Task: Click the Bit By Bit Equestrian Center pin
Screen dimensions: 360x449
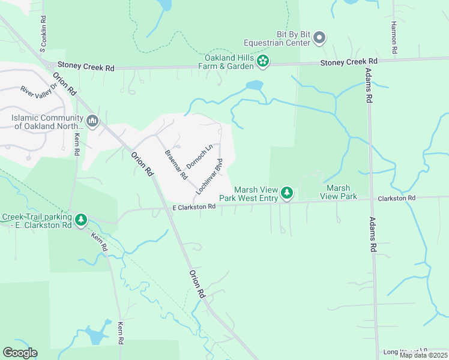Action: coord(319,38)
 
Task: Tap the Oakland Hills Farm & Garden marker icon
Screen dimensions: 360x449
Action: coord(262,61)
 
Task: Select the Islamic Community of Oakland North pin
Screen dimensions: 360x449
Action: coord(92,121)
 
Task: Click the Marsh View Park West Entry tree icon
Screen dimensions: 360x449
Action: coord(288,193)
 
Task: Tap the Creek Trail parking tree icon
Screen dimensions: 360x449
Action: coord(81,220)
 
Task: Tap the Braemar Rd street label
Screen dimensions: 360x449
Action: coord(176,163)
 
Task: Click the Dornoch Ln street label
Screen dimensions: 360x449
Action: coord(200,157)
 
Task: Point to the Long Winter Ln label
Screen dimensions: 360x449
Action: coord(406,350)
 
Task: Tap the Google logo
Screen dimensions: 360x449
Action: coord(20,353)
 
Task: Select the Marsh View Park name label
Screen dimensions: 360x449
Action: coord(339,192)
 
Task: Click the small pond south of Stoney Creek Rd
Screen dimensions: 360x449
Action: coord(255,85)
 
